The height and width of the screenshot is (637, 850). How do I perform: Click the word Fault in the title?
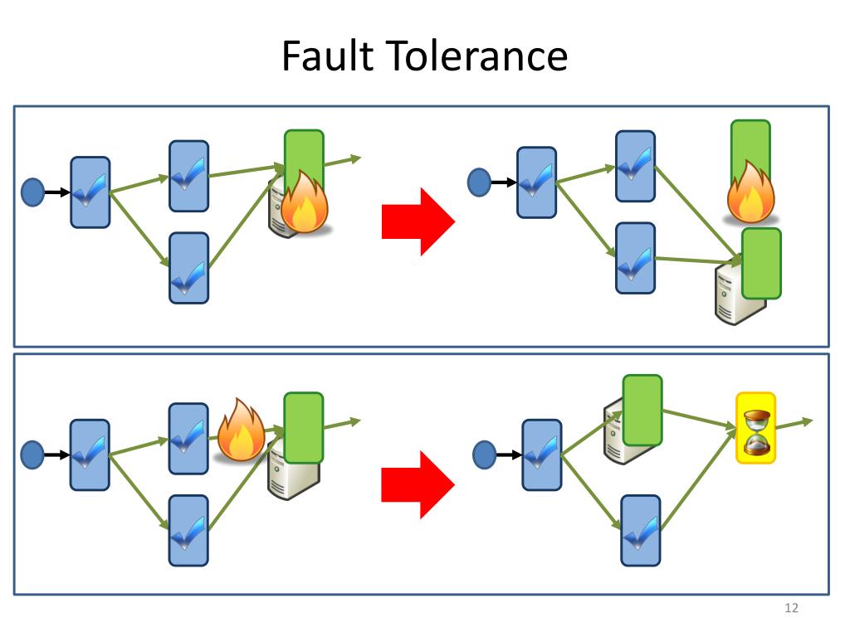click(x=329, y=57)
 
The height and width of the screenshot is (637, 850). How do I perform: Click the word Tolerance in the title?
click(x=474, y=57)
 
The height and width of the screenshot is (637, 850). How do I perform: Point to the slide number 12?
click(x=790, y=610)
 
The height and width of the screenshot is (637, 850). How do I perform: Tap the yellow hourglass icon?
click(x=755, y=427)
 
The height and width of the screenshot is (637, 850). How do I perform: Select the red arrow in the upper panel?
click(x=418, y=221)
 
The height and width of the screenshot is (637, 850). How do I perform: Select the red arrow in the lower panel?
click(x=418, y=484)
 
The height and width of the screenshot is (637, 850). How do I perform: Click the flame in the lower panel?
click(x=241, y=431)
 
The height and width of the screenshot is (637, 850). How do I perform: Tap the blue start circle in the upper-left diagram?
click(x=32, y=192)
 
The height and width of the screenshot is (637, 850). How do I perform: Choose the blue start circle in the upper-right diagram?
click(x=480, y=182)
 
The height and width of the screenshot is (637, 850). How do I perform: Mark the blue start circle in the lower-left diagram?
click(x=32, y=454)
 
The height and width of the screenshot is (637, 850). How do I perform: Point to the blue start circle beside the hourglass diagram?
click(x=484, y=454)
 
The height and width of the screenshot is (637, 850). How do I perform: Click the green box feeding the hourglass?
click(x=642, y=410)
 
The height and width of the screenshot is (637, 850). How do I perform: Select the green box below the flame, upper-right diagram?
click(x=761, y=263)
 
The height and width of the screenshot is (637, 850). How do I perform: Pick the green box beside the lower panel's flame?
click(x=304, y=427)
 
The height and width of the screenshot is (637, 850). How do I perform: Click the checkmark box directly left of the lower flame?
click(x=188, y=438)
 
